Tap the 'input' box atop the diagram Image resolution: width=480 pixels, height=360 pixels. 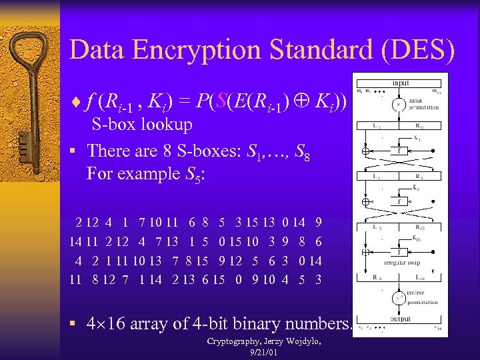pos(401,83)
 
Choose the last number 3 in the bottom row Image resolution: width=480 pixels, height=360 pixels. pos(319,279)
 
